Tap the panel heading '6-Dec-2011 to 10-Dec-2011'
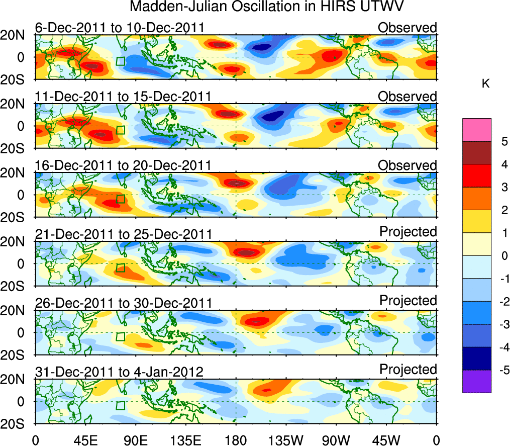(x=121, y=28)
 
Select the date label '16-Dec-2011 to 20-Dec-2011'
(x=123, y=165)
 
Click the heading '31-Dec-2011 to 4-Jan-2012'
(x=119, y=372)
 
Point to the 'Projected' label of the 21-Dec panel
(x=408, y=231)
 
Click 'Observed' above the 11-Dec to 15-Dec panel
(x=407, y=96)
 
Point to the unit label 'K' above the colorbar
(x=485, y=84)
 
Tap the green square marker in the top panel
(x=120, y=61)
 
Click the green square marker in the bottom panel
(x=120, y=405)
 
